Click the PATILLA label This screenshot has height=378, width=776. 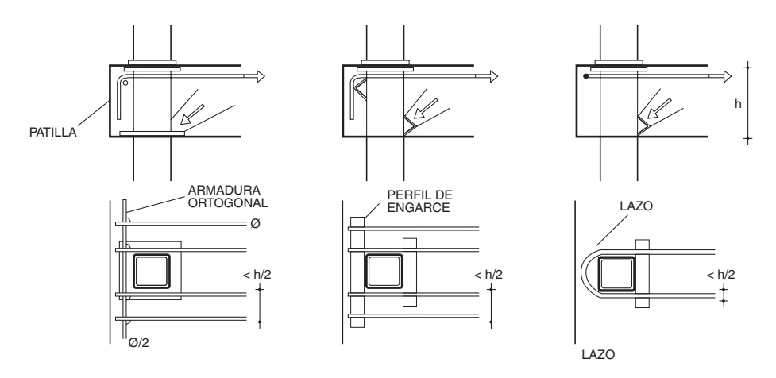53,133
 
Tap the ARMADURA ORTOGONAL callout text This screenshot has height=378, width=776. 228,196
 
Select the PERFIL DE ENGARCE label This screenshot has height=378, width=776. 419,202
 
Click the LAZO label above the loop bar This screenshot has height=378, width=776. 636,206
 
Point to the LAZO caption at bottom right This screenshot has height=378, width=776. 598,355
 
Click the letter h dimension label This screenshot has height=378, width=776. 738,104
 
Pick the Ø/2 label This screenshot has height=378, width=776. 138,342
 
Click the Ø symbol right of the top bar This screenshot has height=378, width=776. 255,224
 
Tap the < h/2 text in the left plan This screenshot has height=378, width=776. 257,275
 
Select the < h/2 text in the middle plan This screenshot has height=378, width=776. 488,275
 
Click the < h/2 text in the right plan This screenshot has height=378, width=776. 720,275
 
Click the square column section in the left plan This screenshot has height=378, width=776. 152,272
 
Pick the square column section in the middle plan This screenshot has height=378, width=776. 384,272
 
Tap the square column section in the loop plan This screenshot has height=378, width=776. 616,274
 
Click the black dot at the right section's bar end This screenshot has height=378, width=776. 585,76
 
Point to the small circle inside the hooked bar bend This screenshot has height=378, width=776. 125,83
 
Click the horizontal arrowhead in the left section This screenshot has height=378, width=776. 259,76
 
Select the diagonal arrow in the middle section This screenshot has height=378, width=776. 425,109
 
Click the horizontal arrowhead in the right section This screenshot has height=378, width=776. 725,76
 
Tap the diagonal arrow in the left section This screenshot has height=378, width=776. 192,114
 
